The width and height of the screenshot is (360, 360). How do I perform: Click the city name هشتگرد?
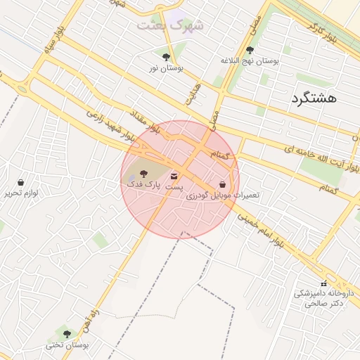313,98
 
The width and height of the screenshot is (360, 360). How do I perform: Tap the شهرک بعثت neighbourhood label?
170,25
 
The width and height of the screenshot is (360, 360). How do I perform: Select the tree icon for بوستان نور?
166,58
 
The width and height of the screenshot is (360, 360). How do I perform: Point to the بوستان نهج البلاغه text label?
250,61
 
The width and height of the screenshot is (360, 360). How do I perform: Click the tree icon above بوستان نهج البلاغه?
250,50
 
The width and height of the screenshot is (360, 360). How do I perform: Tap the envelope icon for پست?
174,176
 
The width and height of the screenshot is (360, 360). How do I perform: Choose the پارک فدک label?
143,183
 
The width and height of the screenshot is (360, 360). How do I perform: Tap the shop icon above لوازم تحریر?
20,182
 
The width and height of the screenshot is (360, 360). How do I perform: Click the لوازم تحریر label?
20,193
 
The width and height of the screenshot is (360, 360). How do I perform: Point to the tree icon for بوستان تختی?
67,334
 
